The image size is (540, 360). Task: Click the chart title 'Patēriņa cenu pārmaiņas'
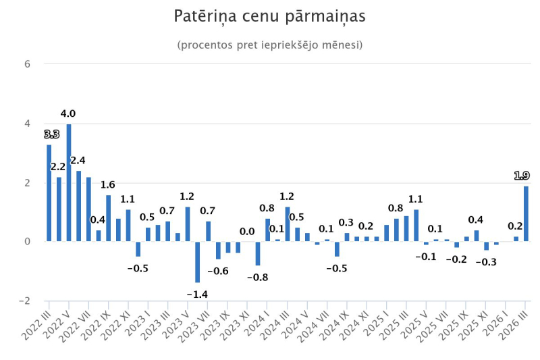click(x=269, y=16)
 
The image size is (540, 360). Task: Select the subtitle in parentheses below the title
click(x=269, y=45)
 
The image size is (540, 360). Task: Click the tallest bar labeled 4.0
click(x=69, y=182)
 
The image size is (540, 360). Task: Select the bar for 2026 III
click(x=526, y=213)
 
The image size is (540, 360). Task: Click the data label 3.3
click(x=51, y=134)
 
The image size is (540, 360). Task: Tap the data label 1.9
click(x=522, y=176)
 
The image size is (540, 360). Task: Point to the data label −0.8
click(x=257, y=277)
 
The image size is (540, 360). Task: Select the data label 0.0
click(x=247, y=232)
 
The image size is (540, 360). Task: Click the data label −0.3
click(x=486, y=262)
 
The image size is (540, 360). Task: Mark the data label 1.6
click(x=108, y=184)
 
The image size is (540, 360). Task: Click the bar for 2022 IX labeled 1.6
click(x=108, y=218)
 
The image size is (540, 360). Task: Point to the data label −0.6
click(x=218, y=271)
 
